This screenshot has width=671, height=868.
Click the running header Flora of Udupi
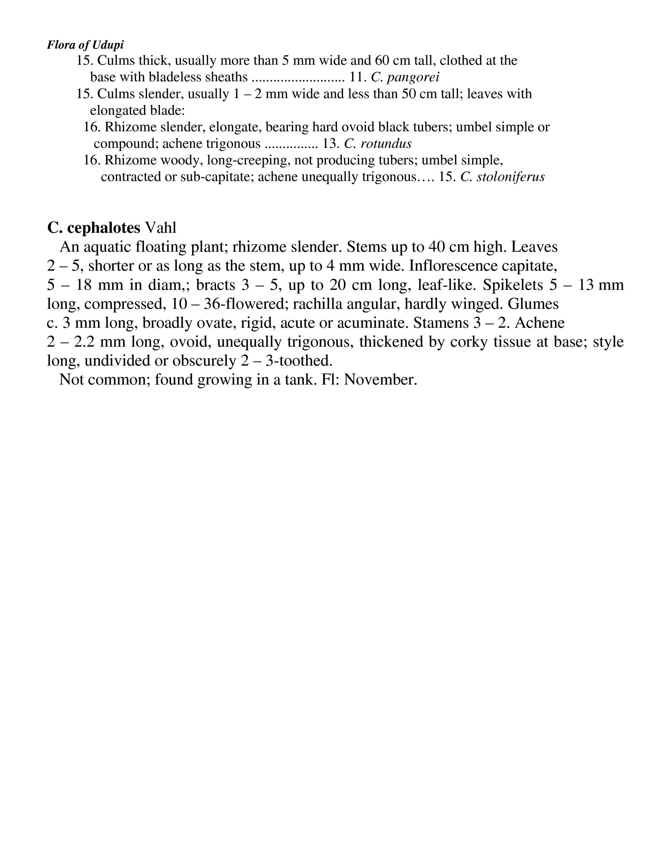tap(85, 45)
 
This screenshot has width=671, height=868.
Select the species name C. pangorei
tap(405, 77)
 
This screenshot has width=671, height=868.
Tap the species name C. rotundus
tap(378, 144)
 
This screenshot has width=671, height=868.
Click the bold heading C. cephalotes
tap(94, 228)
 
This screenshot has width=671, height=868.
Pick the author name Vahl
tap(161, 228)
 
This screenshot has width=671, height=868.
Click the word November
tap(380, 380)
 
